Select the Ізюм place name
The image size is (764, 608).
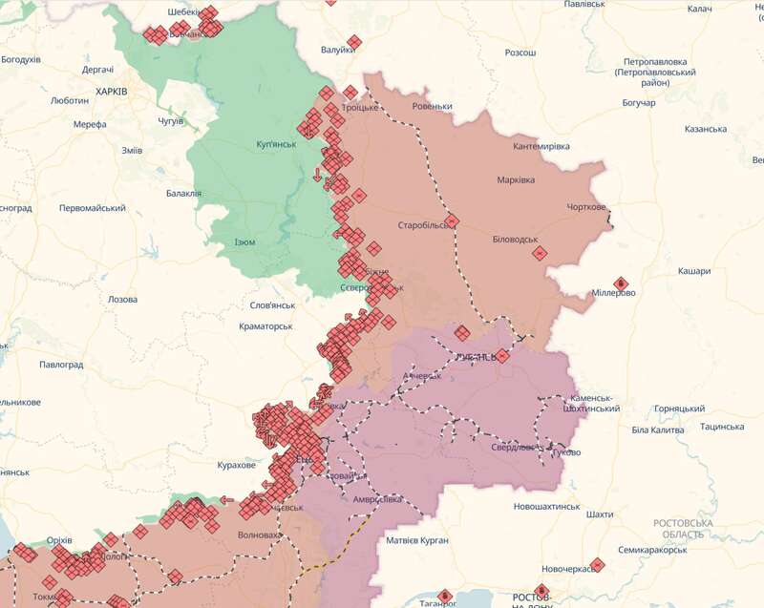pyautogui.click(x=244, y=241)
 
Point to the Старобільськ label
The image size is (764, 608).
pyautogui.click(x=423, y=226)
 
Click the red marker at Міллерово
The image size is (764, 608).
pyautogui.click(x=620, y=283)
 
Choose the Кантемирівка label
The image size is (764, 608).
pyautogui.click(x=541, y=146)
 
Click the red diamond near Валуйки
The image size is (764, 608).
pyautogui.click(x=354, y=42)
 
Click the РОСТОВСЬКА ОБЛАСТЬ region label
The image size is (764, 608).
pyautogui.click(x=683, y=529)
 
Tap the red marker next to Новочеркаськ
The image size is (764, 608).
pyautogui.click(x=596, y=564)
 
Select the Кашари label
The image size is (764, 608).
pyautogui.click(x=694, y=271)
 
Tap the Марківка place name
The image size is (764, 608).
pyautogui.click(x=516, y=180)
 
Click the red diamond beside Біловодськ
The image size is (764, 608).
pyautogui.click(x=540, y=253)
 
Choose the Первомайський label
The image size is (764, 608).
pyautogui.click(x=93, y=208)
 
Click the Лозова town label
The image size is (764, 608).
pyautogui.click(x=122, y=299)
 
